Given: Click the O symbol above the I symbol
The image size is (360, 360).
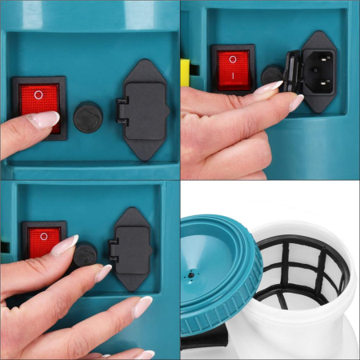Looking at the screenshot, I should (234, 58).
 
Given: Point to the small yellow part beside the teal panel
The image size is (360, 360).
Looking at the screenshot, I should (185, 70).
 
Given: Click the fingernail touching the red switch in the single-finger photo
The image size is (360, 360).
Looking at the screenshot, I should (42, 120).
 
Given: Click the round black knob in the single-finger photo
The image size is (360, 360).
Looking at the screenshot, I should (88, 117).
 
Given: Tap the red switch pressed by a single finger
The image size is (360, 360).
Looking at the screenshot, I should (38, 100).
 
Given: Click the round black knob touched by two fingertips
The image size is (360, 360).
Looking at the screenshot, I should (86, 255).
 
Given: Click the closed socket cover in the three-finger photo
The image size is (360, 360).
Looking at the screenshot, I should (132, 249).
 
